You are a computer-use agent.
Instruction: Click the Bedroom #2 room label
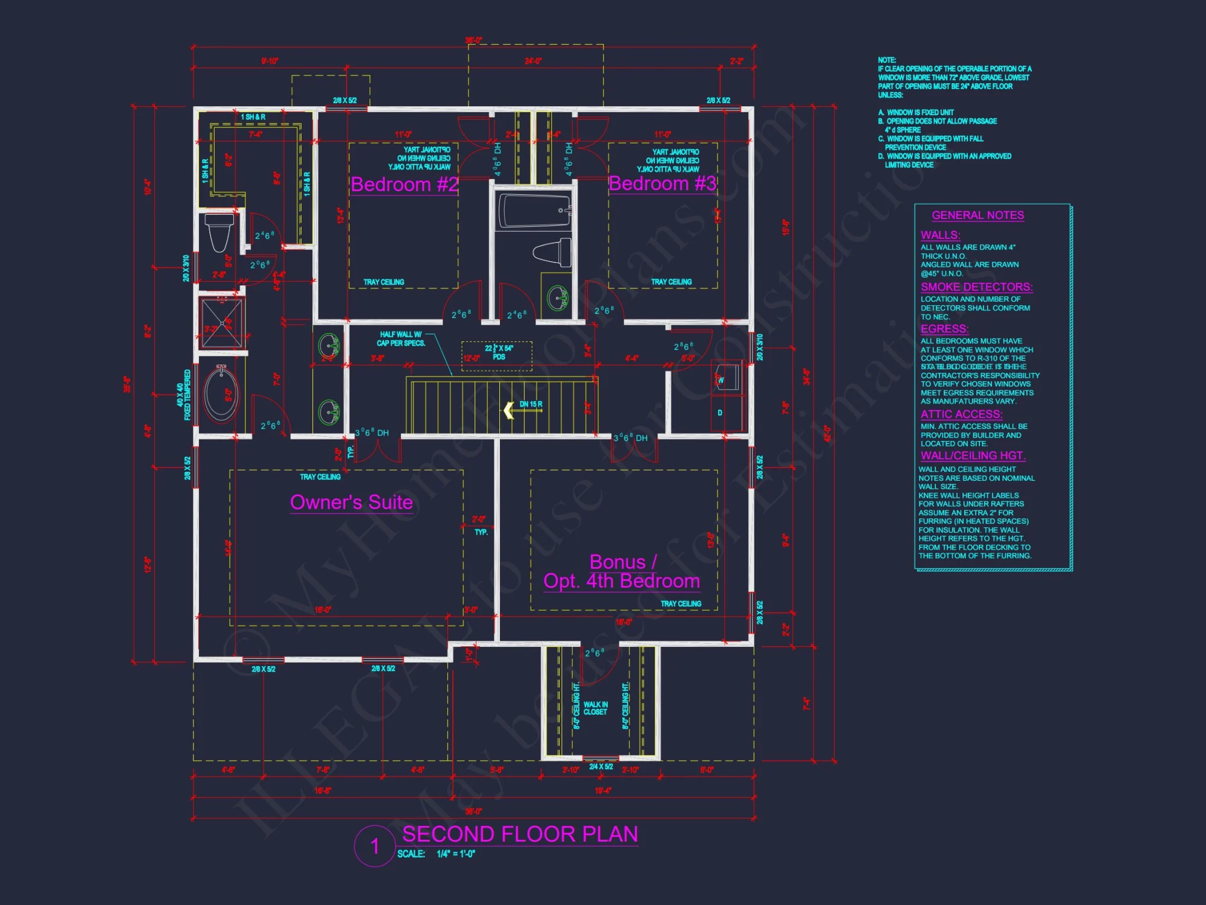point(404,185)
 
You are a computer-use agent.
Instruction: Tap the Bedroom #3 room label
point(662,183)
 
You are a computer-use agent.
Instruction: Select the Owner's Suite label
point(352,503)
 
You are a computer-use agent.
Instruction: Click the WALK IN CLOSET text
point(595,708)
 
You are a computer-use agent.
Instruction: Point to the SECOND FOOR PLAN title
point(520,834)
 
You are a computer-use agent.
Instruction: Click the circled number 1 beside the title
point(374,846)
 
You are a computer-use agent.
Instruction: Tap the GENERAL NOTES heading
point(977,215)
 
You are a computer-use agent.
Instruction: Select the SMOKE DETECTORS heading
point(976,287)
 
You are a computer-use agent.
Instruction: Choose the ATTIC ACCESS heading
point(961,414)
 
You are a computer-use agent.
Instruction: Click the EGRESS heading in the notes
point(944,329)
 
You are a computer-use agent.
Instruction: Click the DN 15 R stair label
point(531,404)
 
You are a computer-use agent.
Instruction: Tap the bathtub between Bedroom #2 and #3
point(534,211)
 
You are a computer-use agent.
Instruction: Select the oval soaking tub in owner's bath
point(221,394)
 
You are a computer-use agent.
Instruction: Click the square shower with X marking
point(221,323)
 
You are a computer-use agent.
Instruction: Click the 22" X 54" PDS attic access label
point(499,352)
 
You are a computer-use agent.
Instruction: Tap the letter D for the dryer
point(719,413)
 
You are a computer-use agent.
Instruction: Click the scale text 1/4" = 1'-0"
point(455,854)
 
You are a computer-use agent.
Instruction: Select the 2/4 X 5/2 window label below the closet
point(601,767)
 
